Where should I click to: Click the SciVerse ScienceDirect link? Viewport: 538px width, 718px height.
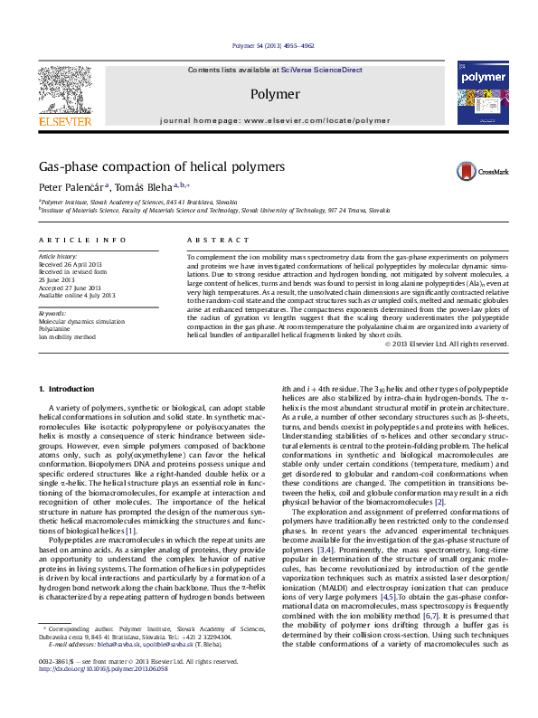tap(321, 70)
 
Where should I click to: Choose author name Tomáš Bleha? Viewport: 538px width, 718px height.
tap(147, 186)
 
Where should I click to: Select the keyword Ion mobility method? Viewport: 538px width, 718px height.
tap(66, 336)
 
